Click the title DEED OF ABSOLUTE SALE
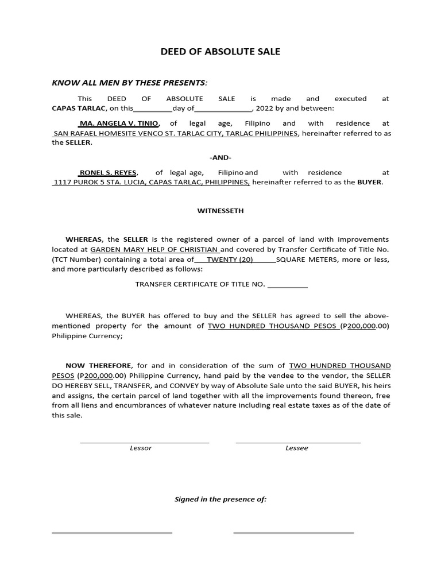click(x=220, y=52)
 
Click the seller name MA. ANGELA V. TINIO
click(x=119, y=123)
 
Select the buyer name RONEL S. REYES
click(x=107, y=172)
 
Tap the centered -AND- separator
click(x=220, y=157)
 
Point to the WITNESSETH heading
click(x=220, y=211)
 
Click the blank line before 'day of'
click(x=153, y=109)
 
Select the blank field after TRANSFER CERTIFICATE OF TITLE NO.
click(x=288, y=284)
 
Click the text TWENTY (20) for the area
click(x=230, y=260)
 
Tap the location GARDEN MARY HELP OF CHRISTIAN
click(x=154, y=250)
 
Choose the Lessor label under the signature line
click(x=141, y=448)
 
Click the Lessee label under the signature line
click(x=297, y=448)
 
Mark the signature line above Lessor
click(x=144, y=442)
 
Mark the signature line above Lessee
click(x=298, y=442)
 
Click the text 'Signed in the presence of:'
click(x=220, y=499)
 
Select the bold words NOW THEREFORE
click(x=99, y=366)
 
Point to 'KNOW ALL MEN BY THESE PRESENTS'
click(x=128, y=83)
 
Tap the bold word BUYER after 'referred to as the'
click(x=369, y=183)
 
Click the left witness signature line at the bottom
click(x=112, y=533)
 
